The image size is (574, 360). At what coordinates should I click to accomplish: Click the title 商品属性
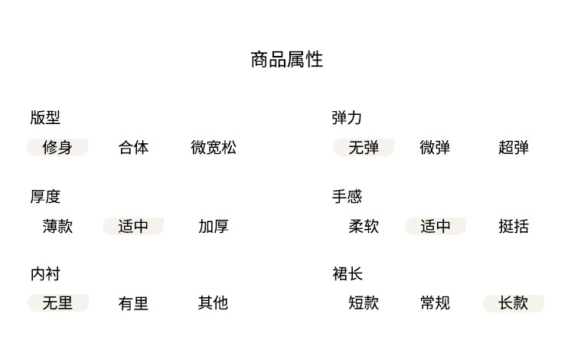click(x=287, y=60)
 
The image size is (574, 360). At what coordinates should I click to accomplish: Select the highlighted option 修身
click(x=57, y=147)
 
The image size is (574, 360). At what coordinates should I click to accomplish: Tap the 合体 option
click(x=133, y=147)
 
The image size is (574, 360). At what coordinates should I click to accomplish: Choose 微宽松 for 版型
click(x=214, y=147)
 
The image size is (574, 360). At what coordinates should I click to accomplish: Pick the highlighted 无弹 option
click(x=364, y=147)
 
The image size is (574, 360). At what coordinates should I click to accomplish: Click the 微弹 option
click(x=435, y=147)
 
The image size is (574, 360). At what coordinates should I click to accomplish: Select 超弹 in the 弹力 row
click(x=514, y=147)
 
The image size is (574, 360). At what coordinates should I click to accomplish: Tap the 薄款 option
click(x=57, y=226)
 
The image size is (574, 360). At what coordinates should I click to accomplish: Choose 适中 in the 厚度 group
click(x=133, y=226)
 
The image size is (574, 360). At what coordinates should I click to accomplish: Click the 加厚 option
click(x=214, y=226)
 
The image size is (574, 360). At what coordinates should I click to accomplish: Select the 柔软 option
click(x=364, y=226)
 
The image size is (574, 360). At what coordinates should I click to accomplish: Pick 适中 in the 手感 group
click(x=435, y=226)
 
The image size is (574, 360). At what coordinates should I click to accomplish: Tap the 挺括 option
click(x=514, y=226)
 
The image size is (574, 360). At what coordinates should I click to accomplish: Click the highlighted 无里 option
click(x=57, y=303)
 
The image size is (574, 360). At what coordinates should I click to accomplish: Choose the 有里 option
click(x=133, y=303)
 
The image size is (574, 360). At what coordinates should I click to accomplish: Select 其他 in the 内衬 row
click(x=214, y=303)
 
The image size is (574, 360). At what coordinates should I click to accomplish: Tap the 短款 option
click(x=364, y=303)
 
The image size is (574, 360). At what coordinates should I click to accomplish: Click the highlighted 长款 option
click(x=514, y=303)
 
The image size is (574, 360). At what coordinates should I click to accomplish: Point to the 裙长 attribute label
click(x=347, y=273)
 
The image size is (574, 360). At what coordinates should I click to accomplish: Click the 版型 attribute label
click(x=45, y=118)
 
